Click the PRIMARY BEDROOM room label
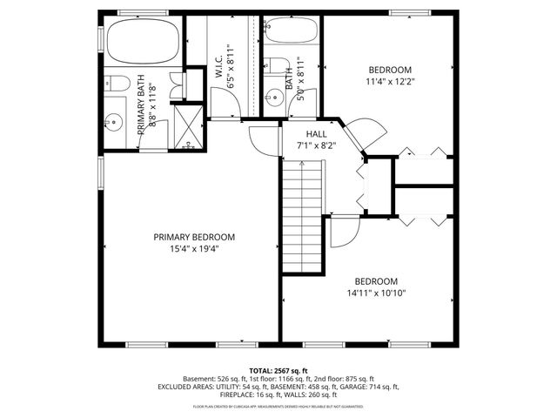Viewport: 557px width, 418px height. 194,237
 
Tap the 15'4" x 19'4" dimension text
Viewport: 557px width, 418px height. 194,249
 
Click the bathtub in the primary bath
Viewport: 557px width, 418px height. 143,39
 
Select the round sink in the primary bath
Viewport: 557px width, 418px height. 114,122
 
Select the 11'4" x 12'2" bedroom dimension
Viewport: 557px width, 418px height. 389,82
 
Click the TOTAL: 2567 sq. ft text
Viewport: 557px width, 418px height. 278,370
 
